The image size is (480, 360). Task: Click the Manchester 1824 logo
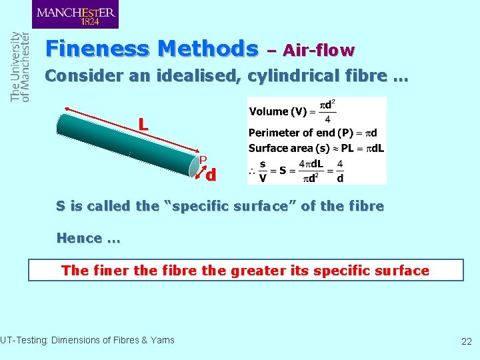pos(75,15)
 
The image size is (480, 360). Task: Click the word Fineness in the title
pos(98,49)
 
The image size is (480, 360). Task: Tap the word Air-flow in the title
pos(319,50)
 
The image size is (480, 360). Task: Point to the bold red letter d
pos(211,176)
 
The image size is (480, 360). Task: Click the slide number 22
pos(466,341)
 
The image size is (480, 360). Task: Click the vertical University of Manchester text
pos(21,67)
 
